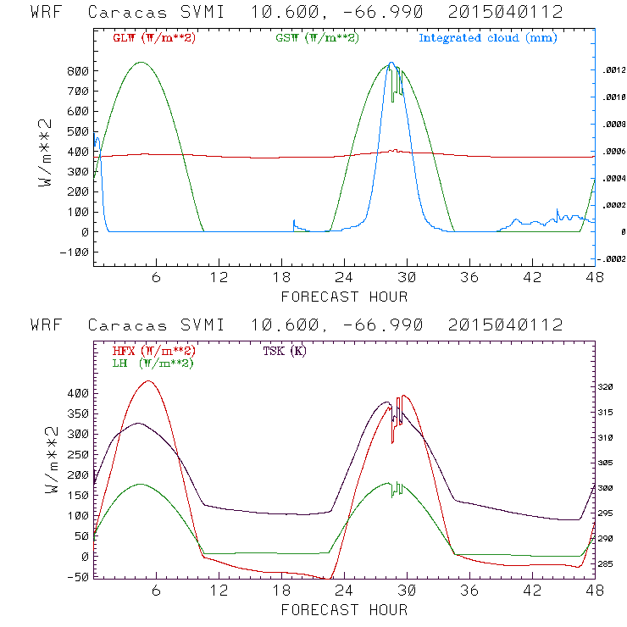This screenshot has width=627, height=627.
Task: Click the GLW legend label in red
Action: [153, 37]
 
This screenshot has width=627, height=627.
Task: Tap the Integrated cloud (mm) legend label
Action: [487, 37]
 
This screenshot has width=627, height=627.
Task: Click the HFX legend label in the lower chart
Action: [153, 350]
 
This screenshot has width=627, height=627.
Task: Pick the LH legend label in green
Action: [153, 363]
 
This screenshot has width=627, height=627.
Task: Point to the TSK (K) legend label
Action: [285, 350]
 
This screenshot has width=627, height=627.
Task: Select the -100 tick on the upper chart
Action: [75, 252]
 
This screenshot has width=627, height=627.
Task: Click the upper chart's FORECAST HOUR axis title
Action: [344, 296]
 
